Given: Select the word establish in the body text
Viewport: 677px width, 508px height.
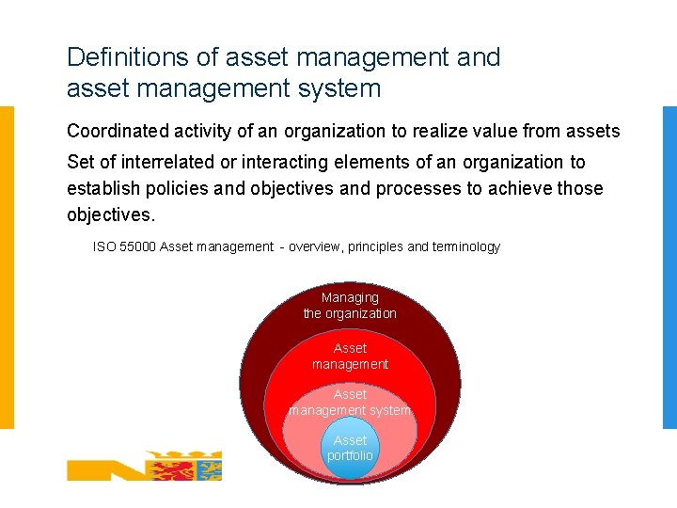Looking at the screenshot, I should tap(102, 188).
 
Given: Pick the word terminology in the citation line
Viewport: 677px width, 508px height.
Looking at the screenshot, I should tap(465, 246).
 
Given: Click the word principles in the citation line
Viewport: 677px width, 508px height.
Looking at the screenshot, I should tap(375, 246).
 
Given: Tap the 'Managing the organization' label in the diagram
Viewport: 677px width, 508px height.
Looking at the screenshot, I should tap(350, 306).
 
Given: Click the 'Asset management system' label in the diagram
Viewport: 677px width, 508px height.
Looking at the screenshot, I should tap(350, 403).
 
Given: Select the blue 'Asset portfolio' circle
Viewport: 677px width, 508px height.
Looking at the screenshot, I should tap(350, 449).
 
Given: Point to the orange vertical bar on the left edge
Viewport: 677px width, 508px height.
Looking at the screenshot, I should tap(7, 267).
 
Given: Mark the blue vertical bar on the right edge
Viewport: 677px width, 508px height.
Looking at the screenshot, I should tap(669, 267).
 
